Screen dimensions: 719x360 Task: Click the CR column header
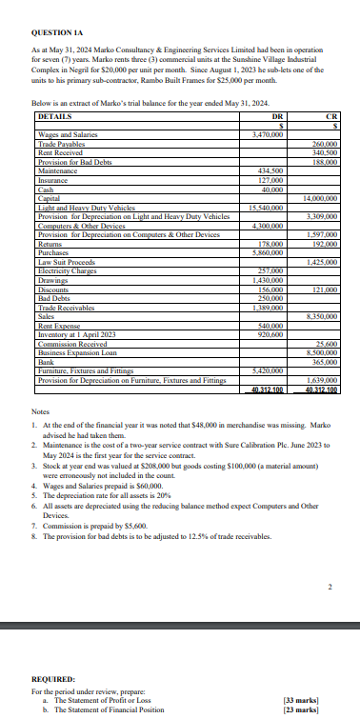[331, 116]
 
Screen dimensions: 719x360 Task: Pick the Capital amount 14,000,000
[323, 196]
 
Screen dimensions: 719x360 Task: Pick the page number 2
[330, 587]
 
